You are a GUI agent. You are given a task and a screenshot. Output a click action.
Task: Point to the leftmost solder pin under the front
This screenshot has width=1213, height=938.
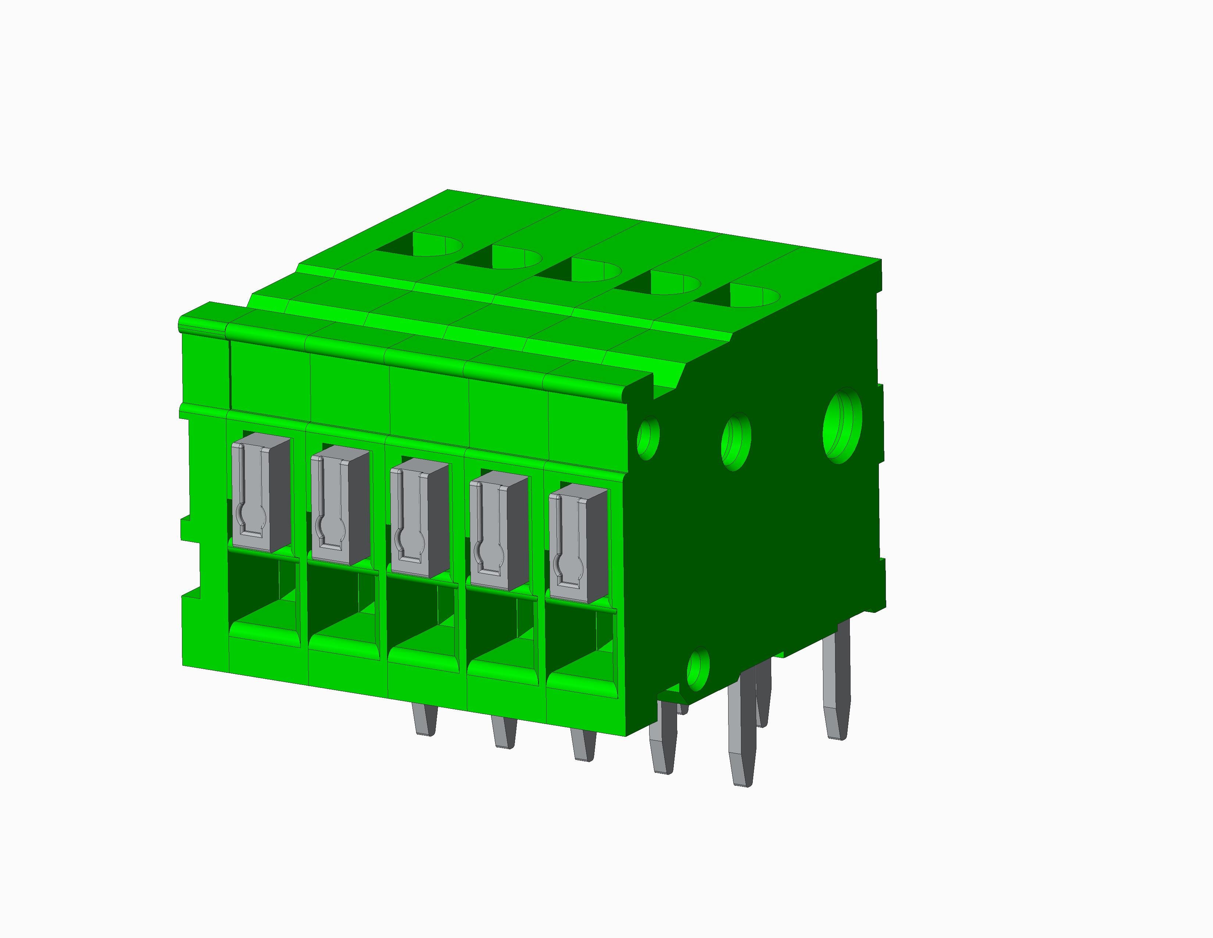[425, 719]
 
